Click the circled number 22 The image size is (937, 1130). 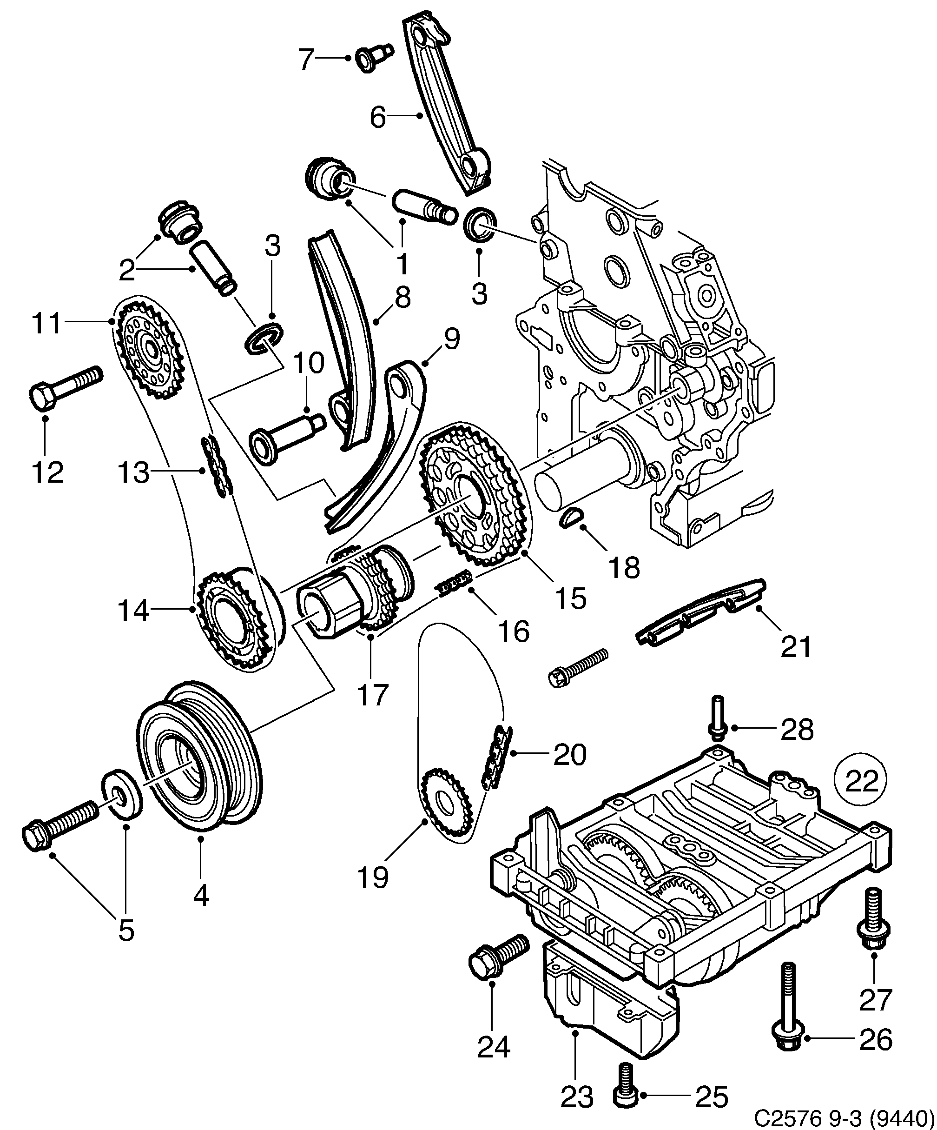click(x=861, y=781)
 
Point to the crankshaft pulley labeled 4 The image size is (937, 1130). click(x=199, y=762)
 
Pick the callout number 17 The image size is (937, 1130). click(x=372, y=695)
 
